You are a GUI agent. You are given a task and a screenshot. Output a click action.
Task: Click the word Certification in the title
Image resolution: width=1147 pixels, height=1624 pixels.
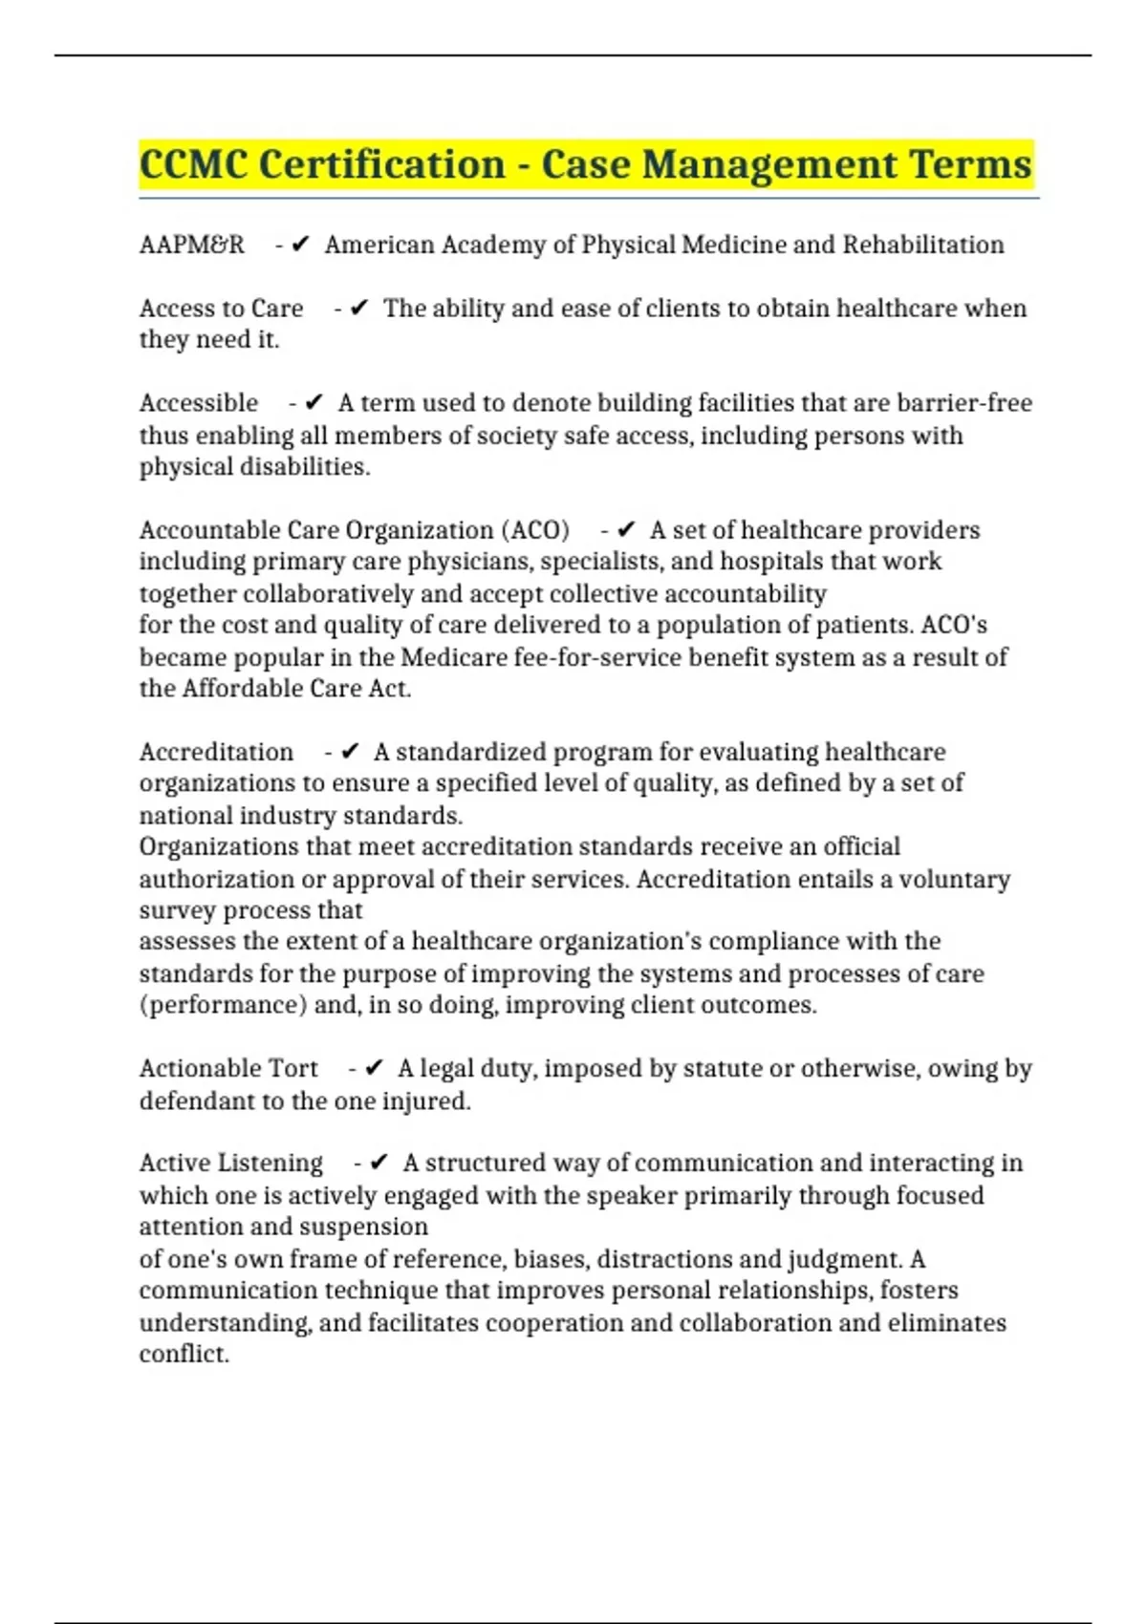point(382,164)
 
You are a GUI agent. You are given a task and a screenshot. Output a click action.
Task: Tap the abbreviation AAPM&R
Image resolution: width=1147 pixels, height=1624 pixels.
point(192,246)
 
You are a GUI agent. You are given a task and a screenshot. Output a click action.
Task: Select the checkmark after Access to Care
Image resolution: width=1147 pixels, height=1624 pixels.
point(359,309)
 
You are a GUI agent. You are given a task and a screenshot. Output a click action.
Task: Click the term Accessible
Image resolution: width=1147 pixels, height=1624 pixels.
point(199,403)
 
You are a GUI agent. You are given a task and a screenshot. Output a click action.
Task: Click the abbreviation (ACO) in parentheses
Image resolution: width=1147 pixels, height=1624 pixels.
point(534,530)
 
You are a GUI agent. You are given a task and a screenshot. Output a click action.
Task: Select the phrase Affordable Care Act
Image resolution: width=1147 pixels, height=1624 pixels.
point(296,689)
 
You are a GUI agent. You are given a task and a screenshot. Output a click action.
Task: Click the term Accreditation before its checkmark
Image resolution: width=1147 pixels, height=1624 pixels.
point(216,752)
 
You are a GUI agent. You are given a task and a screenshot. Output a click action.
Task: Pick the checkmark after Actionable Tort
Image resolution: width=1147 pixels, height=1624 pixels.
point(375,1068)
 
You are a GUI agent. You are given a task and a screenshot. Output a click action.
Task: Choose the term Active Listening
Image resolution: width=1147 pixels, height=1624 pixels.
point(231,1163)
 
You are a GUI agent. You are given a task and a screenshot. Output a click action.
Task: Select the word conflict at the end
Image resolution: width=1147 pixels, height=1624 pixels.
point(184,1354)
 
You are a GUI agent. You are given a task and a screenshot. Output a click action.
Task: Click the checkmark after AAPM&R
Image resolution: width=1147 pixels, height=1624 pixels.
point(300,246)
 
